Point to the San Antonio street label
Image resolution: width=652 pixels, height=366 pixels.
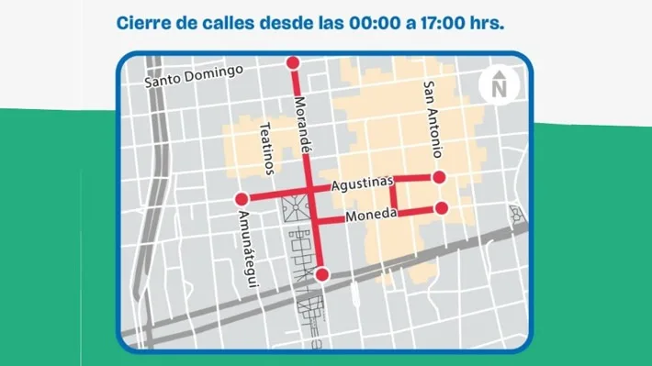(433, 119)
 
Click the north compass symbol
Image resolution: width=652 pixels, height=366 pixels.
(499, 85)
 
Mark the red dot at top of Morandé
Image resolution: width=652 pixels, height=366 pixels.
(293, 62)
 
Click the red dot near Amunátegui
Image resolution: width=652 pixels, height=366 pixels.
(242, 199)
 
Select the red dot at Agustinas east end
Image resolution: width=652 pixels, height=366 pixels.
(439, 176)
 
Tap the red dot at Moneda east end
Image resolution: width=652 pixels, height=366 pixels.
(441, 208)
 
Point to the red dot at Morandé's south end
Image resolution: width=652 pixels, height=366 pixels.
(321, 274)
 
